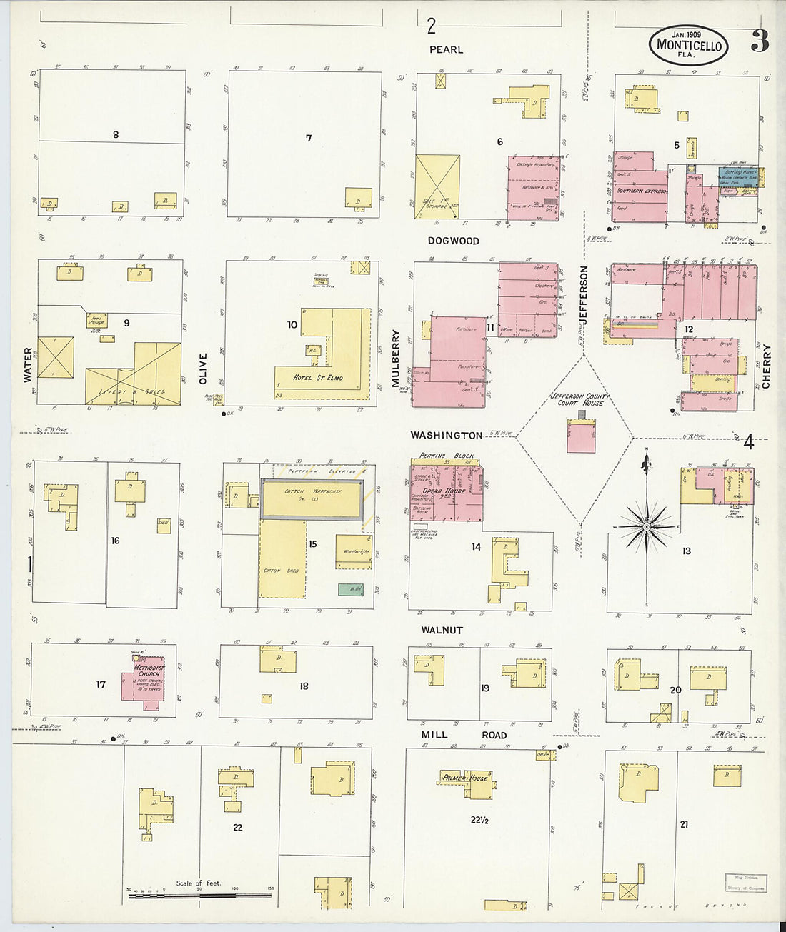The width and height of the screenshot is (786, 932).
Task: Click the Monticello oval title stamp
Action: point(688,46)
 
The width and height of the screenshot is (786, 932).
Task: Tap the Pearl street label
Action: point(447,50)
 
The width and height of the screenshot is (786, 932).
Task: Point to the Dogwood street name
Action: point(454,241)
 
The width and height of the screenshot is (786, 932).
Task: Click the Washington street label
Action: point(447,435)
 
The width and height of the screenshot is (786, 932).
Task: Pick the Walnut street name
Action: point(442,631)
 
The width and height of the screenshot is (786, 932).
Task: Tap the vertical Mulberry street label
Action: point(395,358)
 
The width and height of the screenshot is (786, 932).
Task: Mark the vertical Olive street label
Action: point(203,369)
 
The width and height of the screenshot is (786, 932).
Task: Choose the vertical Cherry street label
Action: point(766,366)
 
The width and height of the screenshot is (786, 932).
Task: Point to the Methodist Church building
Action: point(150,682)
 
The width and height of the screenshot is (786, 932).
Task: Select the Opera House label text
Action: point(444,491)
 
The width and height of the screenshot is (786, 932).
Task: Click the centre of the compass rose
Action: point(646,527)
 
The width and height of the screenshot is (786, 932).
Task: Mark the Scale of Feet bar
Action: point(199,895)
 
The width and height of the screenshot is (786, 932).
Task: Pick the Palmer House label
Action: point(464,778)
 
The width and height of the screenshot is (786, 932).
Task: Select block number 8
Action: point(115,134)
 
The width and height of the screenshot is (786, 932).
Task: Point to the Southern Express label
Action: point(641,191)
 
